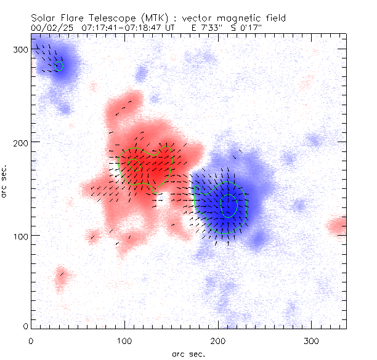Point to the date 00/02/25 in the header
pyautogui.click(x=49, y=28)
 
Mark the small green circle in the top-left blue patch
pyautogui.click(x=59, y=66)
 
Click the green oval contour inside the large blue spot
pyautogui.click(x=229, y=206)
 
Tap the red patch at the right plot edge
pyautogui.click(x=338, y=226)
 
